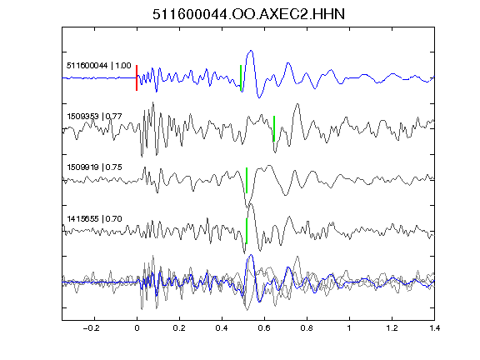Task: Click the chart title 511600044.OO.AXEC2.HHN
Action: (248, 14)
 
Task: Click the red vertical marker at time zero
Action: (137, 77)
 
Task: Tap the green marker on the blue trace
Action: (241, 78)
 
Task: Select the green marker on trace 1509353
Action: (274, 128)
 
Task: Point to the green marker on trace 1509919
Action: (247, 180)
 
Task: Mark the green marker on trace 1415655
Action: (247, 231)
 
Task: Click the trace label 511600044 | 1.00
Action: (99, 66)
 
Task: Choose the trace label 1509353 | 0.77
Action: (94, 117)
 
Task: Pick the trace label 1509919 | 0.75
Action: (94, 167)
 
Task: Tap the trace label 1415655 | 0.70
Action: (94, 219)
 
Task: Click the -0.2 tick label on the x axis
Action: (92, 328)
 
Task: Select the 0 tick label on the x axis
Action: (137, 328)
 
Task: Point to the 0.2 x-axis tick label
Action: (179, 328)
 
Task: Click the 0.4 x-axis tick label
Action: (222, 328)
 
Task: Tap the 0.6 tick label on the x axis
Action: (264, 328)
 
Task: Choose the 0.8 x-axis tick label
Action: (307, 328)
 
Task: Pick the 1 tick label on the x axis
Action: (349, 328)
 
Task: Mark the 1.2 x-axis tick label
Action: (392, 328)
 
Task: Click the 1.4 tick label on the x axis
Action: (434, 328)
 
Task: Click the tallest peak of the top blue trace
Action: (252, 51)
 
